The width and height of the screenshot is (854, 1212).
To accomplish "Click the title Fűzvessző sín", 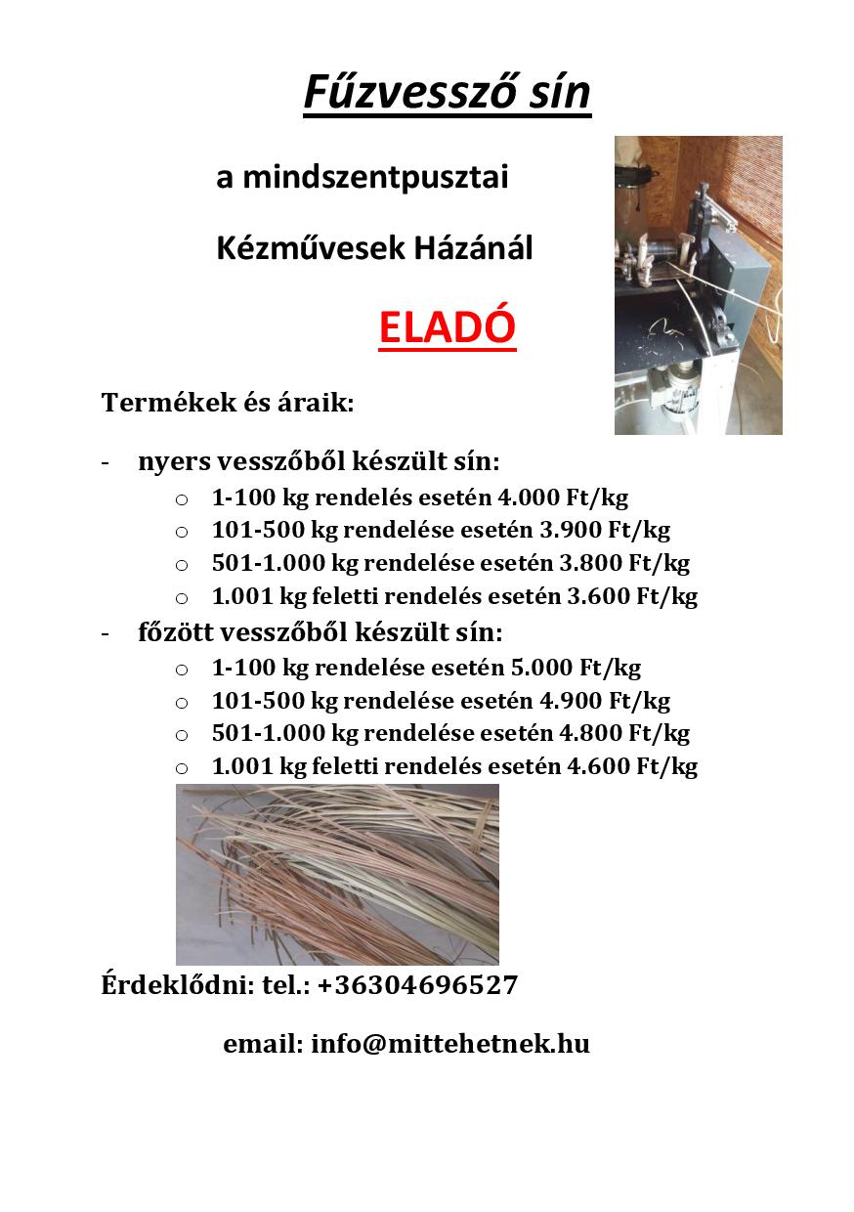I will coord(447,93).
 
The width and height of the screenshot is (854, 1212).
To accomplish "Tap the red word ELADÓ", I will coord(447,328).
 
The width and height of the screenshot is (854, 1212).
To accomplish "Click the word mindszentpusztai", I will coord(376,178).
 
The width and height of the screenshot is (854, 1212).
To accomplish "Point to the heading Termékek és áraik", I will coord(227,403).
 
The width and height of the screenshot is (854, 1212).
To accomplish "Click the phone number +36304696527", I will coord(417,985).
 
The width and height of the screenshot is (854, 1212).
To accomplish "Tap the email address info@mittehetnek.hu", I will coord(449,1044).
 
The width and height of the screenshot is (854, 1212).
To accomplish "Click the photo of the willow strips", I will coord(337,874).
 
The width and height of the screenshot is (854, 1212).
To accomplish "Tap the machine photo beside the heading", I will coord(698,284).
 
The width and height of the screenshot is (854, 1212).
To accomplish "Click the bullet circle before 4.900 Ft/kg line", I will coord(182,702).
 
